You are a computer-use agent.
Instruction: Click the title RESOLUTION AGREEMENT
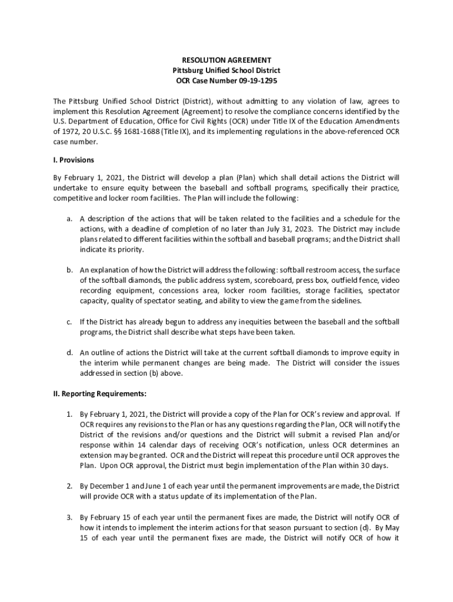pos(226,60)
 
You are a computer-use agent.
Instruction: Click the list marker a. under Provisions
pos(69,219)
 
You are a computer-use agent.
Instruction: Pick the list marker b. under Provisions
pos(69,270)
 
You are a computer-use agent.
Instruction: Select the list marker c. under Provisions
pos(69,322)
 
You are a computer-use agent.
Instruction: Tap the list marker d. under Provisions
pos(69,353)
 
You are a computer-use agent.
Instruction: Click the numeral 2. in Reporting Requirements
pos(69,486)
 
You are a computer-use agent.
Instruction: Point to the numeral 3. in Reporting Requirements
pos(69,517)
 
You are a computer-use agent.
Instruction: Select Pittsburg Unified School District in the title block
pos(226,70)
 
